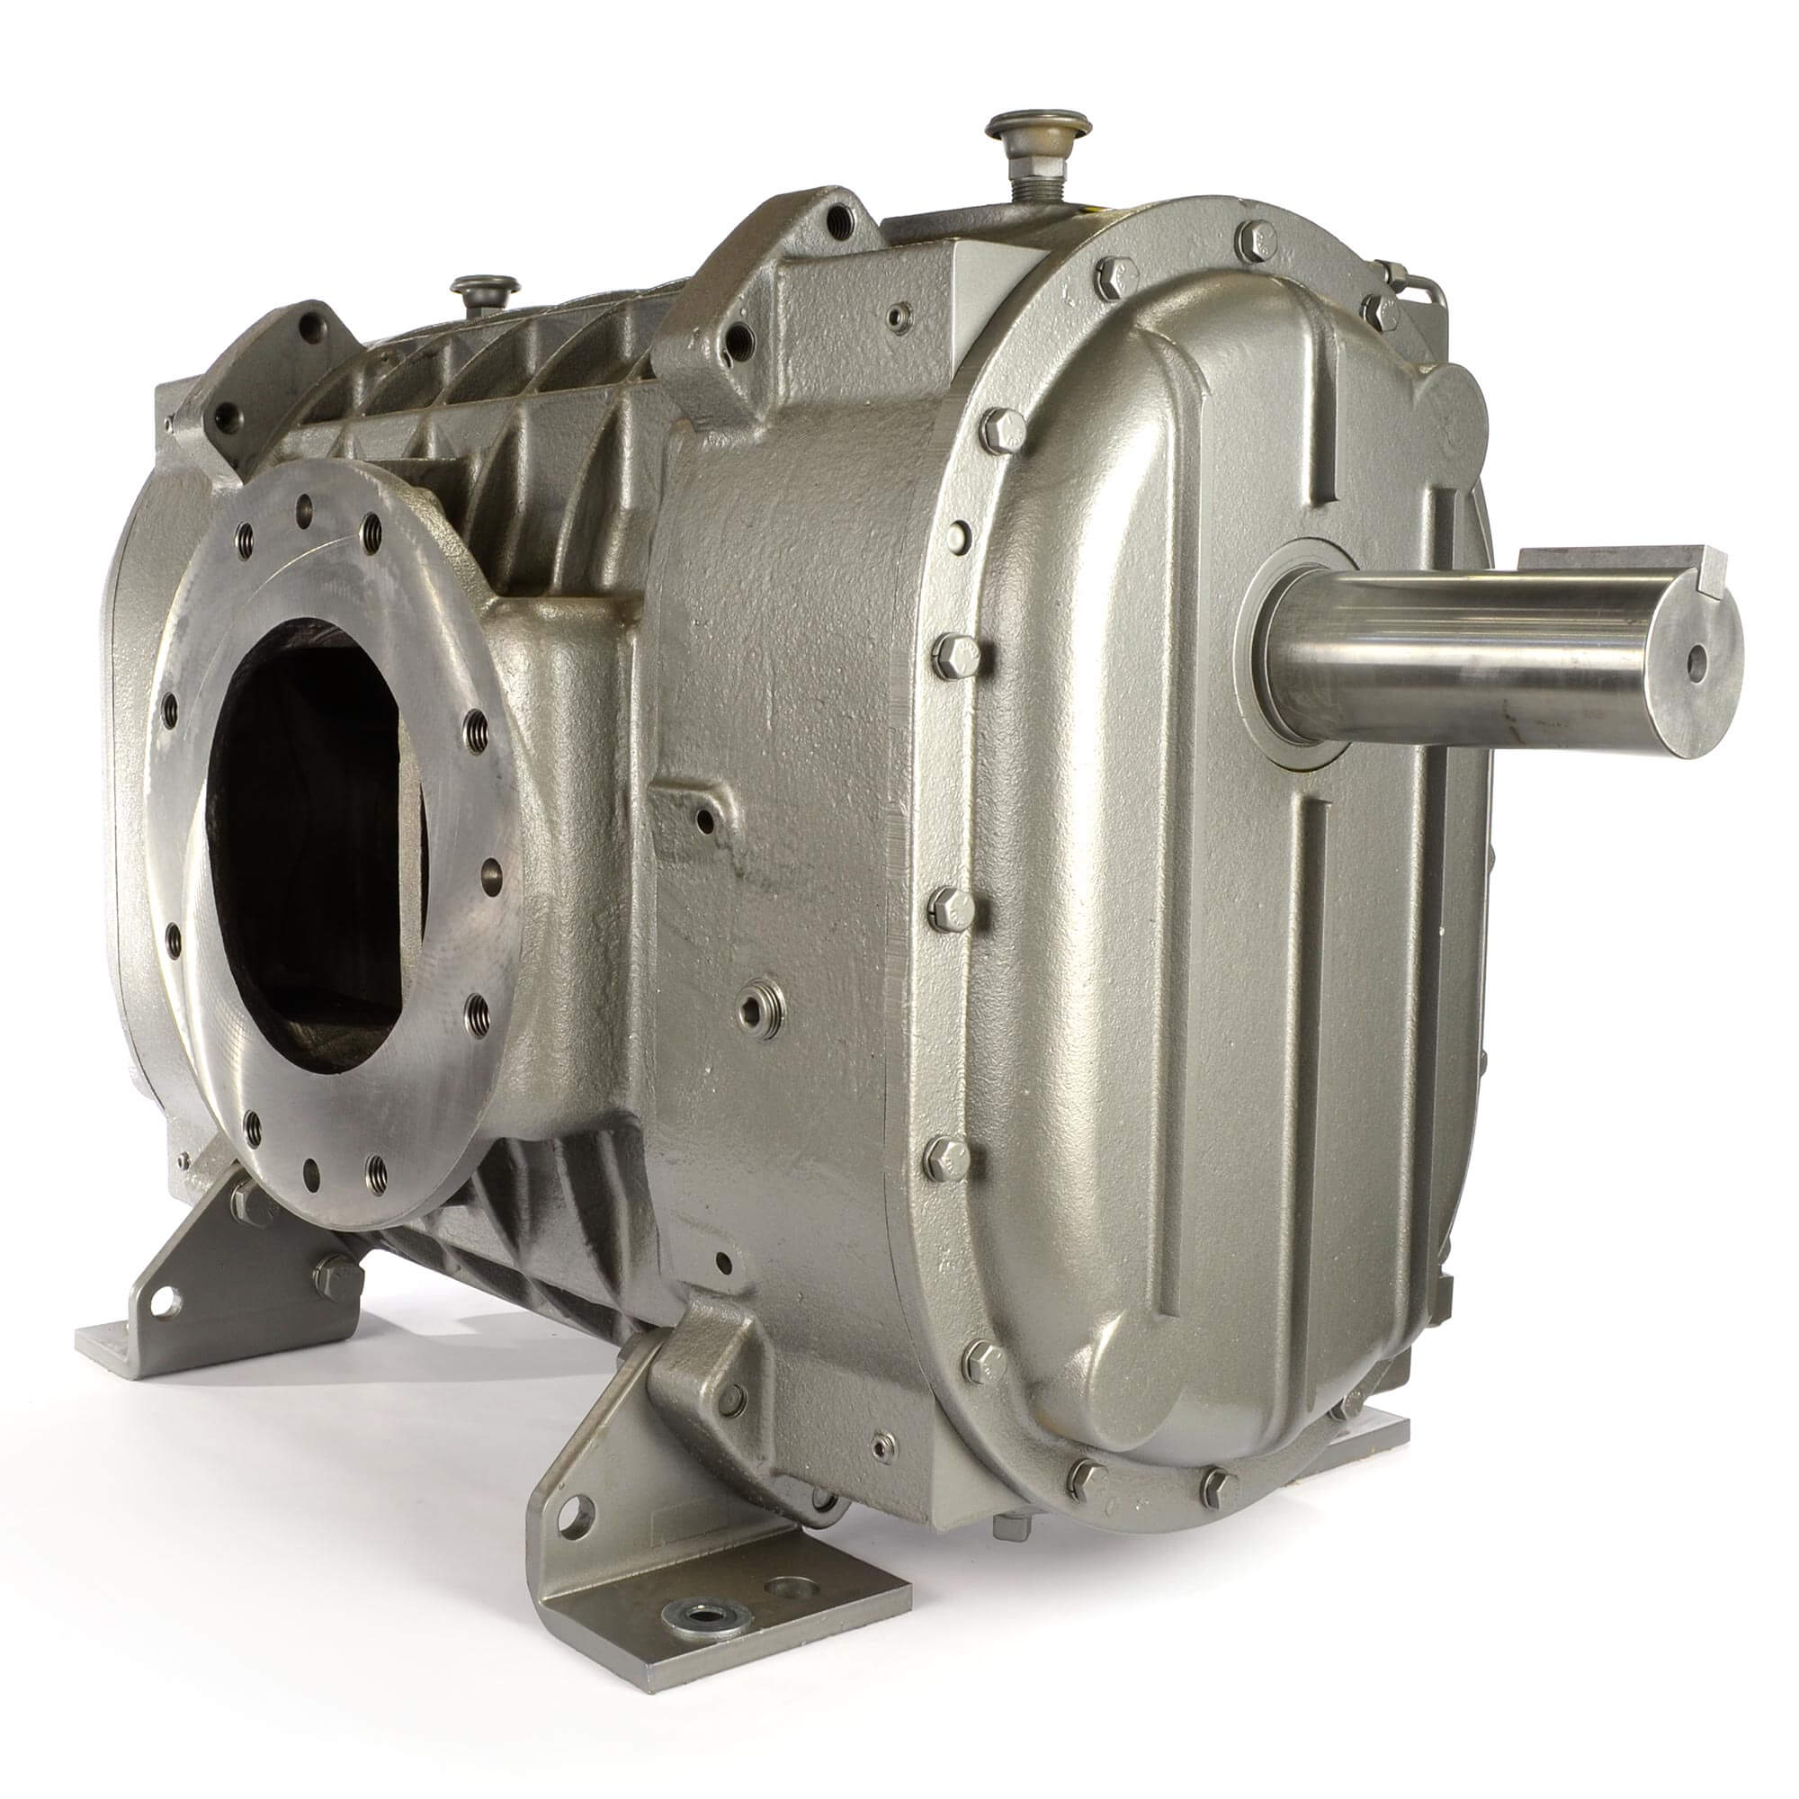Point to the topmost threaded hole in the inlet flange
[302, 507]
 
